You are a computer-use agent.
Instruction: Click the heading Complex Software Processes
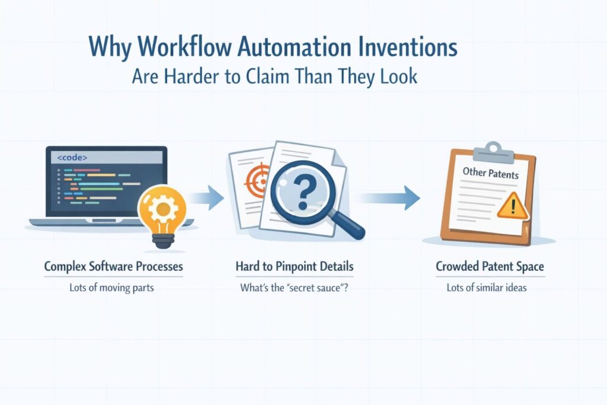point(114,267)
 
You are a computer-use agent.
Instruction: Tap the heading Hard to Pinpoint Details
point(295,267)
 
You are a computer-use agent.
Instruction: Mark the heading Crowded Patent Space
point(490,267)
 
